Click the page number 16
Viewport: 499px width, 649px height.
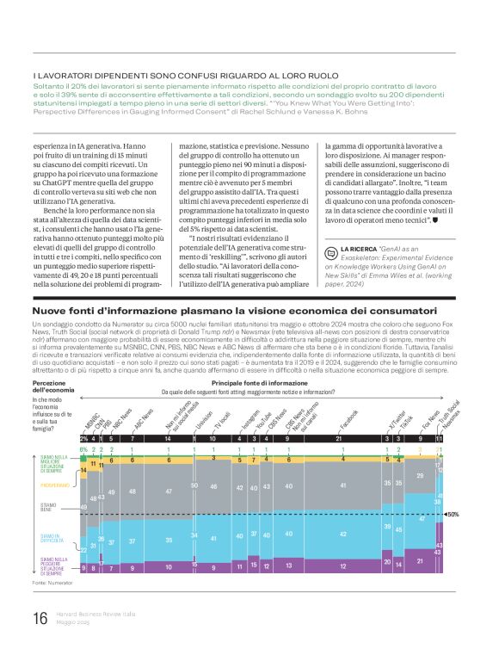click(x=40, y=618)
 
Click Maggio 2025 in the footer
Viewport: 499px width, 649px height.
click(x=77, y=622)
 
